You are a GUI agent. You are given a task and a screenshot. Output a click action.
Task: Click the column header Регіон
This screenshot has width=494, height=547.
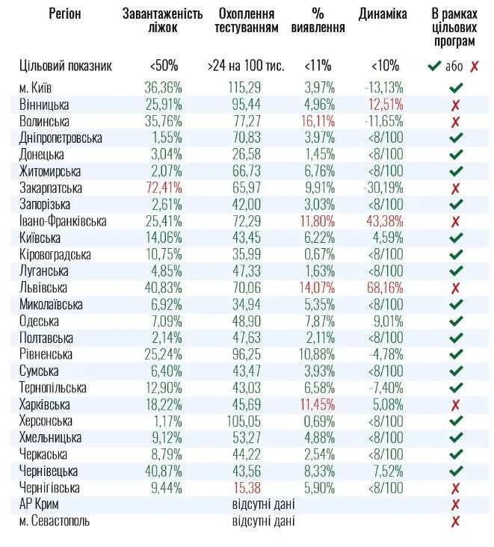pos(65,14)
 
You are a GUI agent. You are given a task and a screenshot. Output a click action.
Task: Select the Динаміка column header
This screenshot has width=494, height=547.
pos(383,14)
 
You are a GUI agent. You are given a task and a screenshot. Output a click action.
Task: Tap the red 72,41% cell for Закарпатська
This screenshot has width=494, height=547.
pos(163,188)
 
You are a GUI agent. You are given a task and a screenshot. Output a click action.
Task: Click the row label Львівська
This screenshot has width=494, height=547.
pos(43,288)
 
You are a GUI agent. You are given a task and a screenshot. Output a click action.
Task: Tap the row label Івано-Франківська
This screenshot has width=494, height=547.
pos(63,221)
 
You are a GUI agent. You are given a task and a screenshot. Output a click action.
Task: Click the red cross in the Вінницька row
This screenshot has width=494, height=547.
pos(454,105)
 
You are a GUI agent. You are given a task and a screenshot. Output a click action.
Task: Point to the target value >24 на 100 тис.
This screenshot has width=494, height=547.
pos(245,65)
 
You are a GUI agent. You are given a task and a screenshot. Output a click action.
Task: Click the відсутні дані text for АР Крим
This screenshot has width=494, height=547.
pos(263,504)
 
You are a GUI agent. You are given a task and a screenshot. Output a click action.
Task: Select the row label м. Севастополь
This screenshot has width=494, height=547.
pos(55,521)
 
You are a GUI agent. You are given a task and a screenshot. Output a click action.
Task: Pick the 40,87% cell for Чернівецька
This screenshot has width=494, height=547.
pos(163,472)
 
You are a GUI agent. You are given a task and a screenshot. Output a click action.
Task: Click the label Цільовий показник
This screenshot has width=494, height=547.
pos(66,65)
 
